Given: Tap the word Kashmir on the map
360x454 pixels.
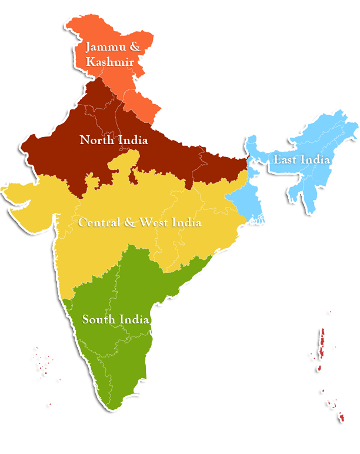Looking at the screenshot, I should coord(112,61).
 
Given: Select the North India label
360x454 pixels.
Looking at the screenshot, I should coord(114,141).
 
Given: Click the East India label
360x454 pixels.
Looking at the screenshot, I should coord(301,160).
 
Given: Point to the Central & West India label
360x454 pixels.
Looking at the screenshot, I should coord(139,223).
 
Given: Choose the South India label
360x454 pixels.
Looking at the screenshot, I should coord(115,320).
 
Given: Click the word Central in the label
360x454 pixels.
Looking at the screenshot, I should coord(99,223).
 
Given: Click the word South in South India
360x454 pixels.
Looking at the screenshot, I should coord(97,320).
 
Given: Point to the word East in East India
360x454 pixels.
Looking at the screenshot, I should coord(285,160).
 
